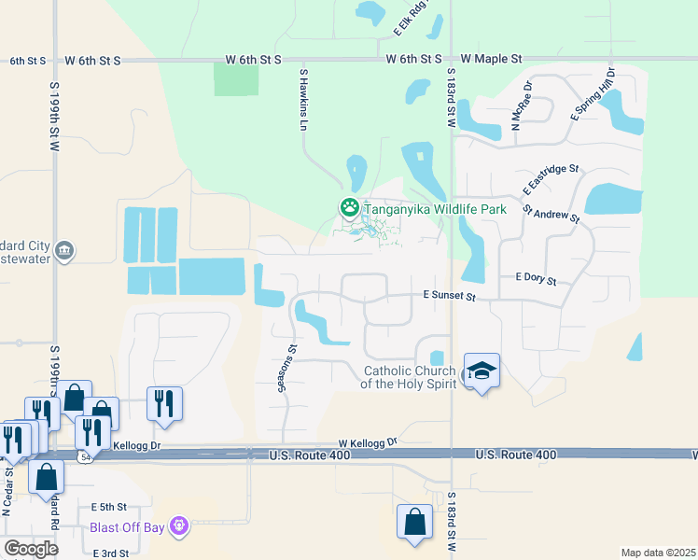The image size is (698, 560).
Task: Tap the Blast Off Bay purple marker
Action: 179,527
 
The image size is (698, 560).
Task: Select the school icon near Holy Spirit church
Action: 482,371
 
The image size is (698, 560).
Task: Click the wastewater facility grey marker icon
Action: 64,250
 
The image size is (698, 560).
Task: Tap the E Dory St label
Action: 536,280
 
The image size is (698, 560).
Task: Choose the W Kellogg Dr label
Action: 368,441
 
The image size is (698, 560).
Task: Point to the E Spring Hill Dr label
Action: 593,93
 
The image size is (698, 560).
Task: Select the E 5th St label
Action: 109,507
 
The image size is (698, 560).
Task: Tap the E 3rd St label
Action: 109,553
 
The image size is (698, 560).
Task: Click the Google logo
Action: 31,549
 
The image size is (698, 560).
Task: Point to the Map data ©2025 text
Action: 658,553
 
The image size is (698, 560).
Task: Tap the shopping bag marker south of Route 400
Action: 413,523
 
